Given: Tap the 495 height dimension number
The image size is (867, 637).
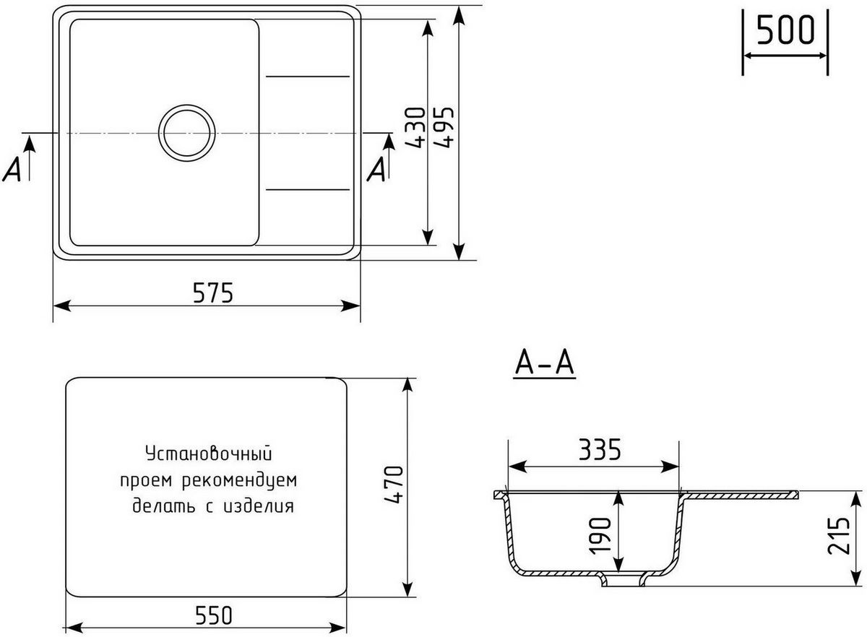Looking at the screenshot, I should point(444,128).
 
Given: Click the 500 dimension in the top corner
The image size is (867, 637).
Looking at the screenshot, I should point(785,31).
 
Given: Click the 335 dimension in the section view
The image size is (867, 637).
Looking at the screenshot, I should point(600,451).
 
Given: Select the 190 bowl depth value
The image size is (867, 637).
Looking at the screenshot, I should point(601,534).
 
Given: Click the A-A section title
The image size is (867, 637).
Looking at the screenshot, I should point(544,365).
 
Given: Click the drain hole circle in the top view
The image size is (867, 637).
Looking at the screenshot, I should point(187,133).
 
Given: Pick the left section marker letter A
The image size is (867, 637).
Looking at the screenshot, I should point(12,170).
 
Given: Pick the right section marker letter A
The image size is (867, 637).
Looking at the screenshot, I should point(376,170).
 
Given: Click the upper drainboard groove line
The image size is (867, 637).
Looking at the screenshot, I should point(309,75).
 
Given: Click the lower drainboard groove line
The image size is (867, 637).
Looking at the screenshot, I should point(309,190).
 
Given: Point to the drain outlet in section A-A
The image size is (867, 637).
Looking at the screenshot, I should point(622,581).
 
